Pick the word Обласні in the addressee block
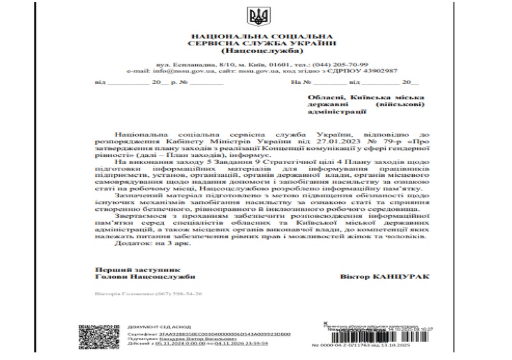pos(325,95)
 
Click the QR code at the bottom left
pos(97,335)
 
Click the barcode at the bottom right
pos(372,336)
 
